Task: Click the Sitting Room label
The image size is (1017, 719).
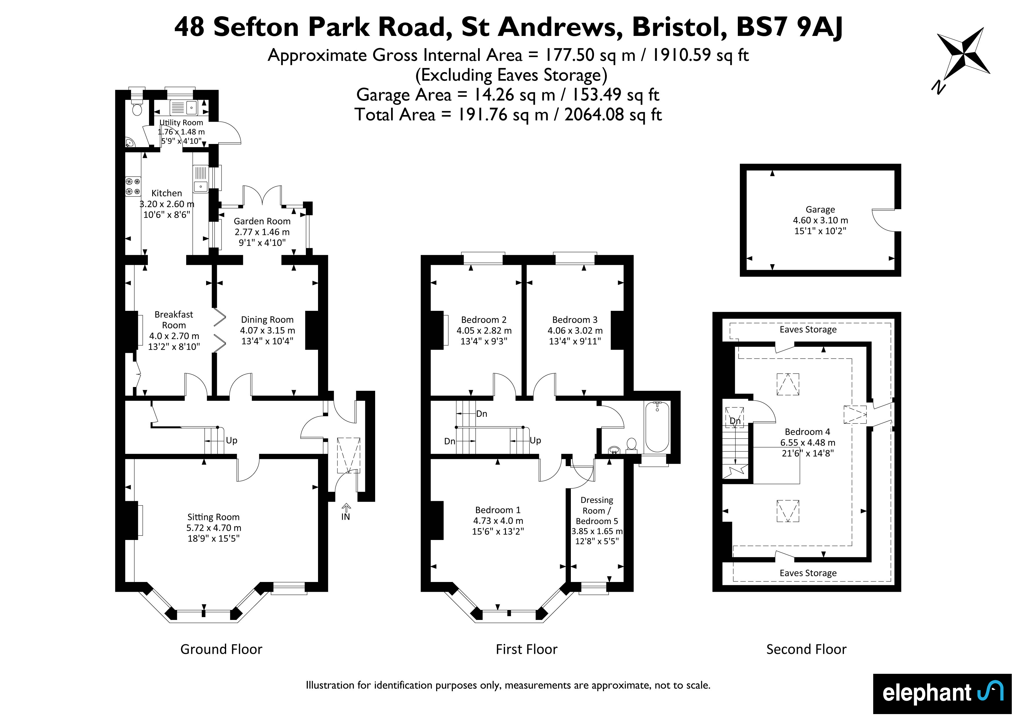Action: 213,517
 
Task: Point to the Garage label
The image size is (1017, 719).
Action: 820,209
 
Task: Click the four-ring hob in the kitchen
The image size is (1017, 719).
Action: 133,186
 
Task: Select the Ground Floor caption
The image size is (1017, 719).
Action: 221,649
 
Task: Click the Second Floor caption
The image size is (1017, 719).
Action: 806,649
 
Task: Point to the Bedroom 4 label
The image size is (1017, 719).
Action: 807,432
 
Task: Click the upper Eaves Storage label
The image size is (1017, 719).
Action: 808,329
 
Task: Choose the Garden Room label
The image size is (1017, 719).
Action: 262,221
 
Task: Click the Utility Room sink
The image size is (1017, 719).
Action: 191,107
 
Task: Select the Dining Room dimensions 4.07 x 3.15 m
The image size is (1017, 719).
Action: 268,330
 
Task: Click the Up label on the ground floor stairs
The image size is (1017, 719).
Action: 232,441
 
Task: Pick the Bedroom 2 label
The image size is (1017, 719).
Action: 484,320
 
